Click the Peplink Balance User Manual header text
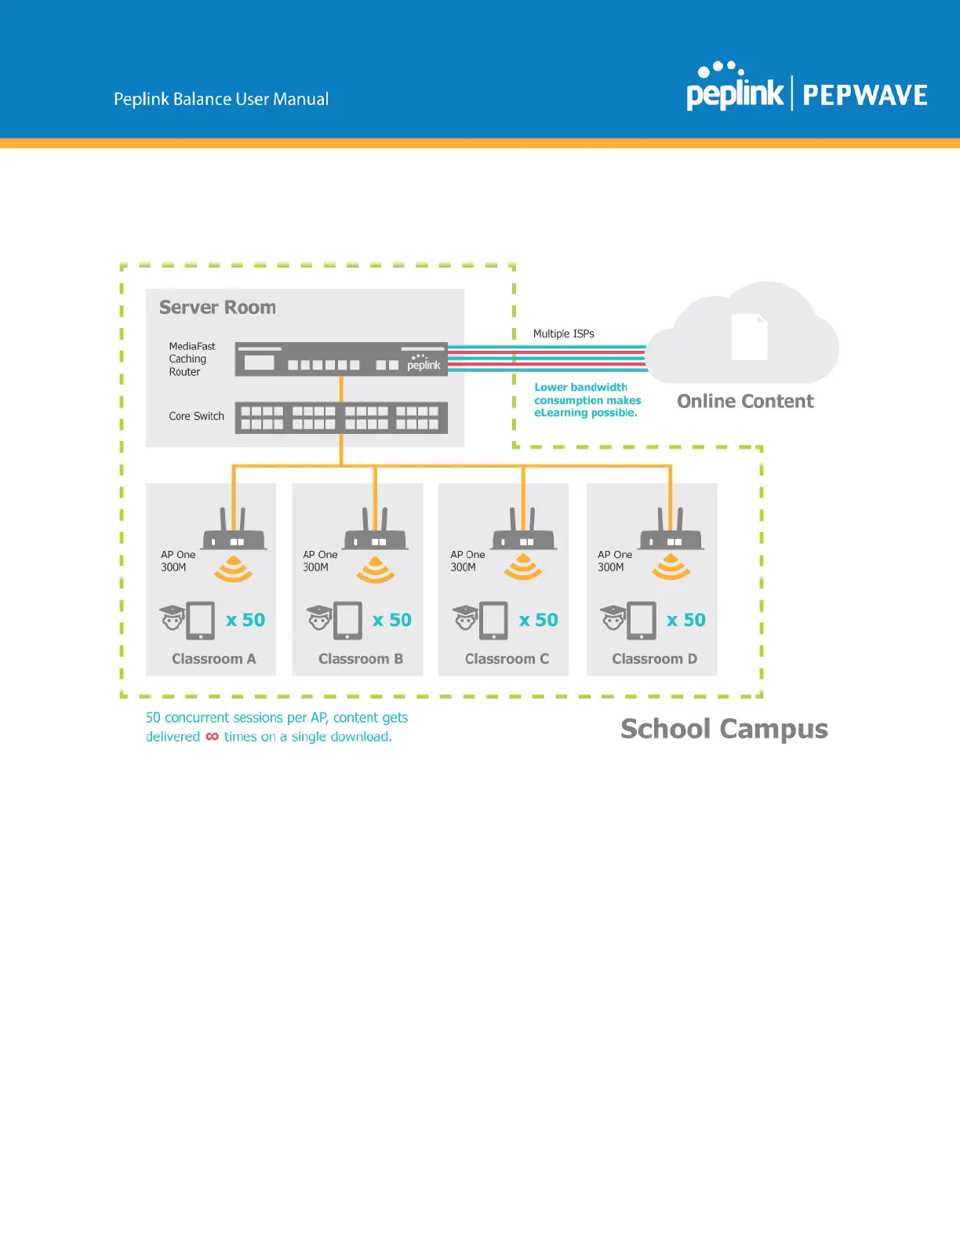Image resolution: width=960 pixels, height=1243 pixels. tap(221, 99)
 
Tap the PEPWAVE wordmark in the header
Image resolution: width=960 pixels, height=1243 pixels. tap(864, 96)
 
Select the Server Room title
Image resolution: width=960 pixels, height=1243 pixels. tap(217, 307)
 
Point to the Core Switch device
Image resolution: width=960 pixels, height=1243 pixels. tap(341, 417)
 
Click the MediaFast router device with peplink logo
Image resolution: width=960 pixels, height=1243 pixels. tap(341, 360)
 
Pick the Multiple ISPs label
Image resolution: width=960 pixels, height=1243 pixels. tap(563, 334)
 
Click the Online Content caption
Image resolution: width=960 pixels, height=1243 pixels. tap(745, 401)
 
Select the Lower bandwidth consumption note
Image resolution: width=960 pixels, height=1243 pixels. tap(587, 400)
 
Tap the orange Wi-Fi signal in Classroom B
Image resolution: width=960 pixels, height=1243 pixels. tap(376, 570)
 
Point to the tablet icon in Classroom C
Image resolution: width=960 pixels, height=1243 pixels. tap(493, 620)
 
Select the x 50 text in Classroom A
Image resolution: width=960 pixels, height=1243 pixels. tap(245, 620)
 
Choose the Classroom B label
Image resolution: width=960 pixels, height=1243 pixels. tap(361, 659)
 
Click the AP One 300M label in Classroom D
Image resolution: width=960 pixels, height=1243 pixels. tap(614, 560)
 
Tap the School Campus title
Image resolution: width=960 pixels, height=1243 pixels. tap(724, 729)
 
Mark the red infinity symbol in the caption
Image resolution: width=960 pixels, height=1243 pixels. tap(213, 737)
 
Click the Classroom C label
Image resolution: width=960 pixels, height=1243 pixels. tap(507, 659)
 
